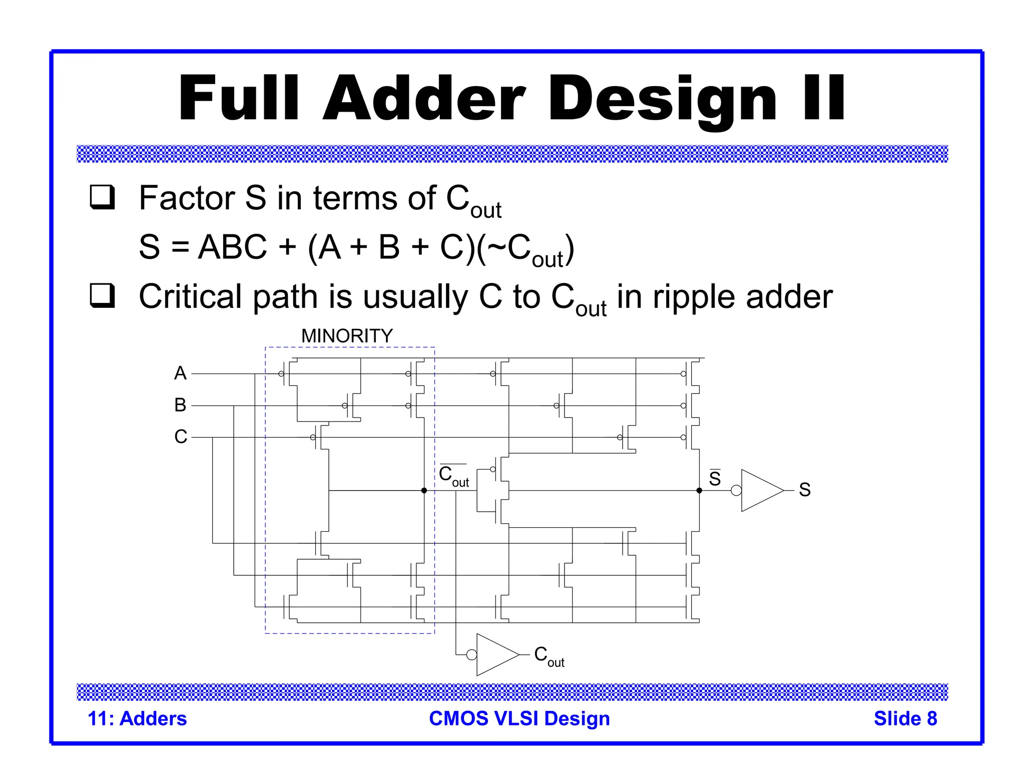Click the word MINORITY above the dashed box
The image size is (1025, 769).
tap(347, 335)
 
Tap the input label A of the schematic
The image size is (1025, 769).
tap(180, 373)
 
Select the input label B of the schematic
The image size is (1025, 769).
tap(180, 405)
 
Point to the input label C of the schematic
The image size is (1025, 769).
tap(181, 437)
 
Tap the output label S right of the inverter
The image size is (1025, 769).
tap(804, 490)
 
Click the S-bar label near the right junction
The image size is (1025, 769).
tap(715, 478)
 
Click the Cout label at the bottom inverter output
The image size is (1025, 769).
tap(549, 656)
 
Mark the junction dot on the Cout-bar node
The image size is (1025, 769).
tap(424, 491)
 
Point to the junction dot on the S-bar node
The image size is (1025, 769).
tap(699, 491)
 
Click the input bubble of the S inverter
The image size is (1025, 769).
tap(736, 491)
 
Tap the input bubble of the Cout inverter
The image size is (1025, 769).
tap(471, 654)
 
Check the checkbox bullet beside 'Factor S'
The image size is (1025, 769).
tap(103, 197)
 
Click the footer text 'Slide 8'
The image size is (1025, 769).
tap(905, 718)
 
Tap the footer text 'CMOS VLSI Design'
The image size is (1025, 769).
tap(519, 718)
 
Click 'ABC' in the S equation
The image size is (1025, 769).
tap(232, 247)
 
